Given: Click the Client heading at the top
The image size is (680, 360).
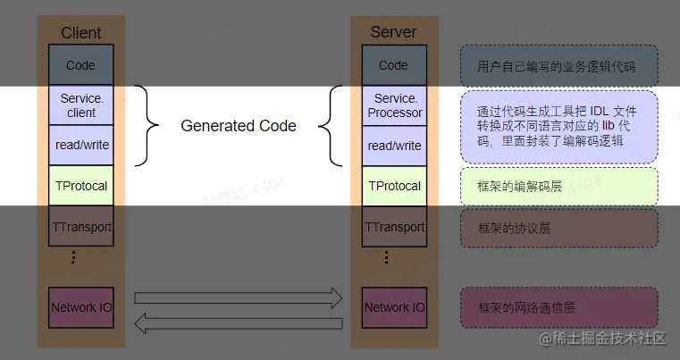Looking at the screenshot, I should (80, 33).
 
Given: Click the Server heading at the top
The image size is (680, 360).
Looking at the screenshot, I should (393, 33).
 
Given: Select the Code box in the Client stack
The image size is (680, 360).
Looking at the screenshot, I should (80, 65).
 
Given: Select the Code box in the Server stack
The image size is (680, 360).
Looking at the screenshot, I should (393, 65).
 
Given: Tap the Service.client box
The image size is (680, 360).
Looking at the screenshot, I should (80, 105).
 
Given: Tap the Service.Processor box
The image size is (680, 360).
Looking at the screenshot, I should (393, 105).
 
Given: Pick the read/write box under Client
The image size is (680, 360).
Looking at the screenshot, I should (80, 146).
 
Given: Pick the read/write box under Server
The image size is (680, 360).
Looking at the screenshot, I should (393, 146).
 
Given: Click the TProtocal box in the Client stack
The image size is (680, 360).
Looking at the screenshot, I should (80, 186).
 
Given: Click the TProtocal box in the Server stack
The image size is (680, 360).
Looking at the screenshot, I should (393, 186).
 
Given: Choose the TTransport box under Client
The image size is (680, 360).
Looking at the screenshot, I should (80, 227).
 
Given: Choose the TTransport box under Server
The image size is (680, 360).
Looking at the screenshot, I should (393, 227).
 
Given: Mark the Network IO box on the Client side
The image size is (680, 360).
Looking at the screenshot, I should (80, 307).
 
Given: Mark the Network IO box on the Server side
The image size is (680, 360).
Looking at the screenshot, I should (393, 307).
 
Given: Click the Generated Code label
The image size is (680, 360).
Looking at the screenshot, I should (239, 126).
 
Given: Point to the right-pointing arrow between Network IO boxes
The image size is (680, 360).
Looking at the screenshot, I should (238, 297).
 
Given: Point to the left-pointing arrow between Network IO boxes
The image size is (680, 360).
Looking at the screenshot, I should (238, 323).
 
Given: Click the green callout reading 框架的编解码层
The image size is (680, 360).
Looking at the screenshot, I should (559, 187).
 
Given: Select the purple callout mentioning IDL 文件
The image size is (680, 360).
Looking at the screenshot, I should (559, 126).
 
